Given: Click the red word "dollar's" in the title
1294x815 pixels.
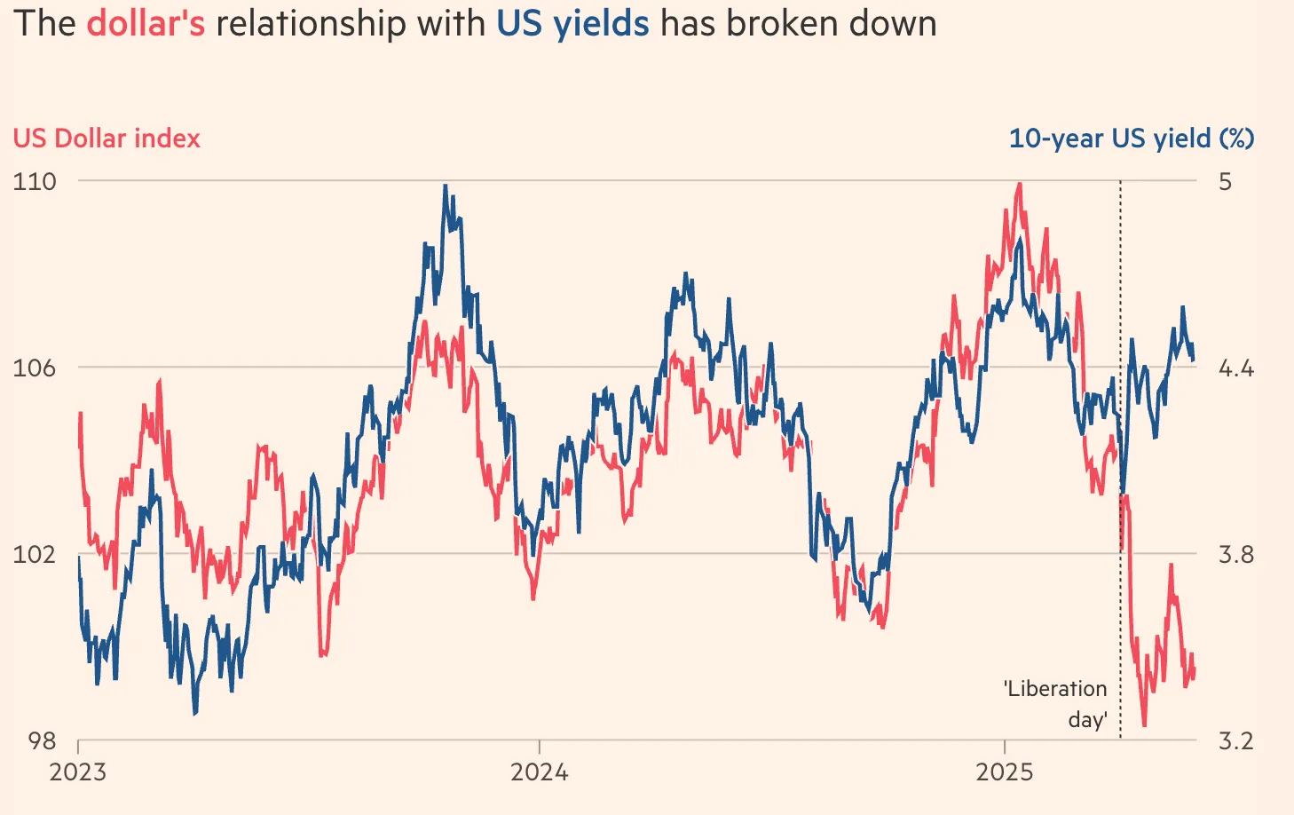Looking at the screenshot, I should click(146, 23).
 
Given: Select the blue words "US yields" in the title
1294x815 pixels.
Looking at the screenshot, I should click(572, 23).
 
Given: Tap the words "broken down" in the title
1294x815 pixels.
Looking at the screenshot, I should click(832, 23).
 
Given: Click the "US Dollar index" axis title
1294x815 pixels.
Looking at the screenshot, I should click(107, 138).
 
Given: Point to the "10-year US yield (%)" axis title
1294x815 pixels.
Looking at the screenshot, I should click(1132, 138).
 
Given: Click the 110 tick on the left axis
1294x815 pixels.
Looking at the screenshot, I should click(35, 181).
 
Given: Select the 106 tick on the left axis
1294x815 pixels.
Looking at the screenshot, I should click(35, 368).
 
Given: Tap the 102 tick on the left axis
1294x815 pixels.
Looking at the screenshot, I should click(35, 554).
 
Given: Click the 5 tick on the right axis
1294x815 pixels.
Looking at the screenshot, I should click(1226, 181).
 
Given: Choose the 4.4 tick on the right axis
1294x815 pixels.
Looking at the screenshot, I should click(1235, 368).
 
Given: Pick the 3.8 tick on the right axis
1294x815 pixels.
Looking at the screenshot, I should click(1235, 554).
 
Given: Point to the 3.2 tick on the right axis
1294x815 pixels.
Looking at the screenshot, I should click(1235, 740).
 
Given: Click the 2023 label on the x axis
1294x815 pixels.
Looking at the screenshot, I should click(78, 771).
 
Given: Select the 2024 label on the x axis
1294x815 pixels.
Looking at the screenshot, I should click(540, 771).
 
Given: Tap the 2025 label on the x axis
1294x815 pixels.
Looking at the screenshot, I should click(1005, 771).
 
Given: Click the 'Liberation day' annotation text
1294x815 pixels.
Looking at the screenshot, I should click(1056, 703).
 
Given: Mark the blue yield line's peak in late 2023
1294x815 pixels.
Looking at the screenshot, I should click(446, 186).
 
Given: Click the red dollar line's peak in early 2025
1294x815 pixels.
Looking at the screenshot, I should click(1020, 184).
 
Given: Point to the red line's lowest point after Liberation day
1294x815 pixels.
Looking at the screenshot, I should click(1144, 725).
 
